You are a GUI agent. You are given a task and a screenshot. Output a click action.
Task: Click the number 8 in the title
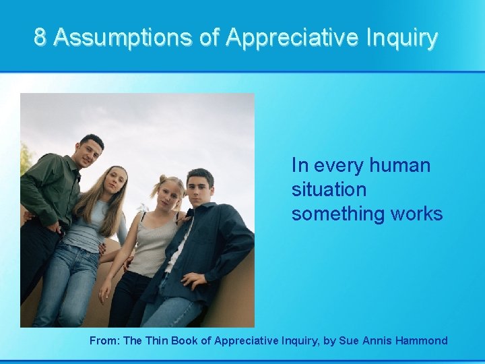coord(40,37)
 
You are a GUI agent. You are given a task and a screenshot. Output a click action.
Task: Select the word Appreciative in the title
coord(293,37)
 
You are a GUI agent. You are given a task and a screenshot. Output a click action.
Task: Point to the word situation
coord(329,189)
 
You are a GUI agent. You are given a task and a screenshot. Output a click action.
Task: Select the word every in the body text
coord(339,165)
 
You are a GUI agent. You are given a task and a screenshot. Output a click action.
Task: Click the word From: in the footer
coord(104,340)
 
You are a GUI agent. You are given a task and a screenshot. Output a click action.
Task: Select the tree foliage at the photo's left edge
coord(25,158)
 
